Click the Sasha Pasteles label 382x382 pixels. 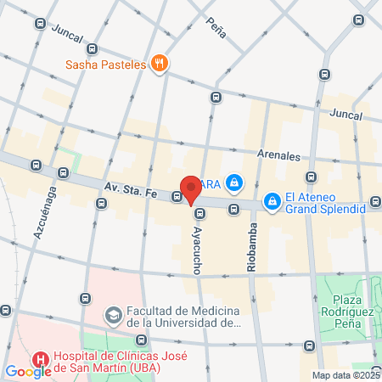point(106,63)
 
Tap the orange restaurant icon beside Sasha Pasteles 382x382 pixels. point(159,63)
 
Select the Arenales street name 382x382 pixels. point(280,155)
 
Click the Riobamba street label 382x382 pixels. point(251,247)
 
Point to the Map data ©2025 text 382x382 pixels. point(345,375)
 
